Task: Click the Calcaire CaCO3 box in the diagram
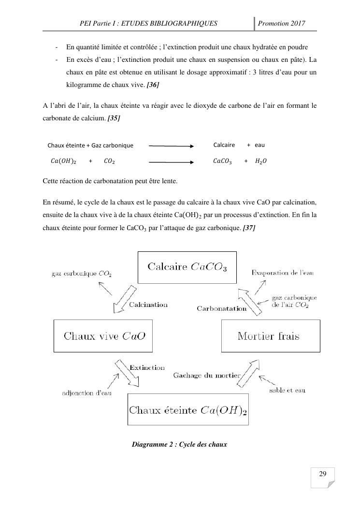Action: [187, 267]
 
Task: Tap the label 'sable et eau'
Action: [287, 390]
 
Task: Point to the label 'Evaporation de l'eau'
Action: [283, 273]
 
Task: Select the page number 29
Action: [323, 473]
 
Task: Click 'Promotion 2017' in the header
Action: [282, 23]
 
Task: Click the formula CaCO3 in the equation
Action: [222, 161]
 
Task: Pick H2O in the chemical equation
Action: [260, 161]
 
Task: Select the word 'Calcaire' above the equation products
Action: [224, 145]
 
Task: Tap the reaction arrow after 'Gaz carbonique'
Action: [171, 145]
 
